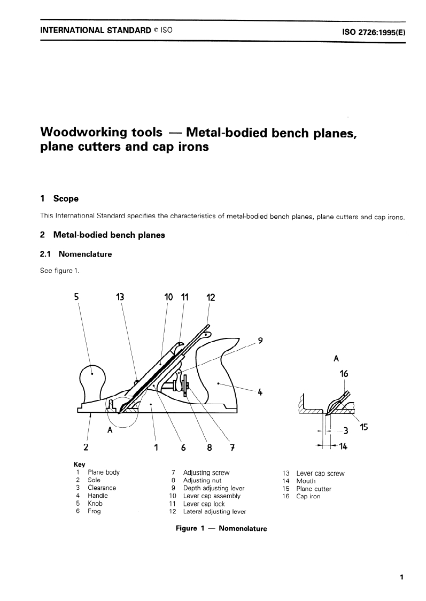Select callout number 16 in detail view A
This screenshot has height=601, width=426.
point(344,374)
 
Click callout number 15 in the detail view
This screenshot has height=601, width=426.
point(364,427)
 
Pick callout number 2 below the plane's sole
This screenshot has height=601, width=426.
point(86,447)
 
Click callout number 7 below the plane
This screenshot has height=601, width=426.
point(232,448)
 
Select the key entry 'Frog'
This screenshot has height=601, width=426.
point(94,511)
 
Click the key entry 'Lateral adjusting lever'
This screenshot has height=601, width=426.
point(214,512)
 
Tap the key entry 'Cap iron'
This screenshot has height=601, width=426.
point(308,496)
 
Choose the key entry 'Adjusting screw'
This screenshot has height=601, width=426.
point(206,473)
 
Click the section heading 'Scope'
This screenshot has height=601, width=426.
point(66,198)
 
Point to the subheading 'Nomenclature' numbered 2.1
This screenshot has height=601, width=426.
point(85,254)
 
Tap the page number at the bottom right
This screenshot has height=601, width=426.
point(400,577)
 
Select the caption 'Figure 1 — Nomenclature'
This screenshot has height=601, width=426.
point(221,528)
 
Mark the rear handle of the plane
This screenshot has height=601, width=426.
point(219,374)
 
